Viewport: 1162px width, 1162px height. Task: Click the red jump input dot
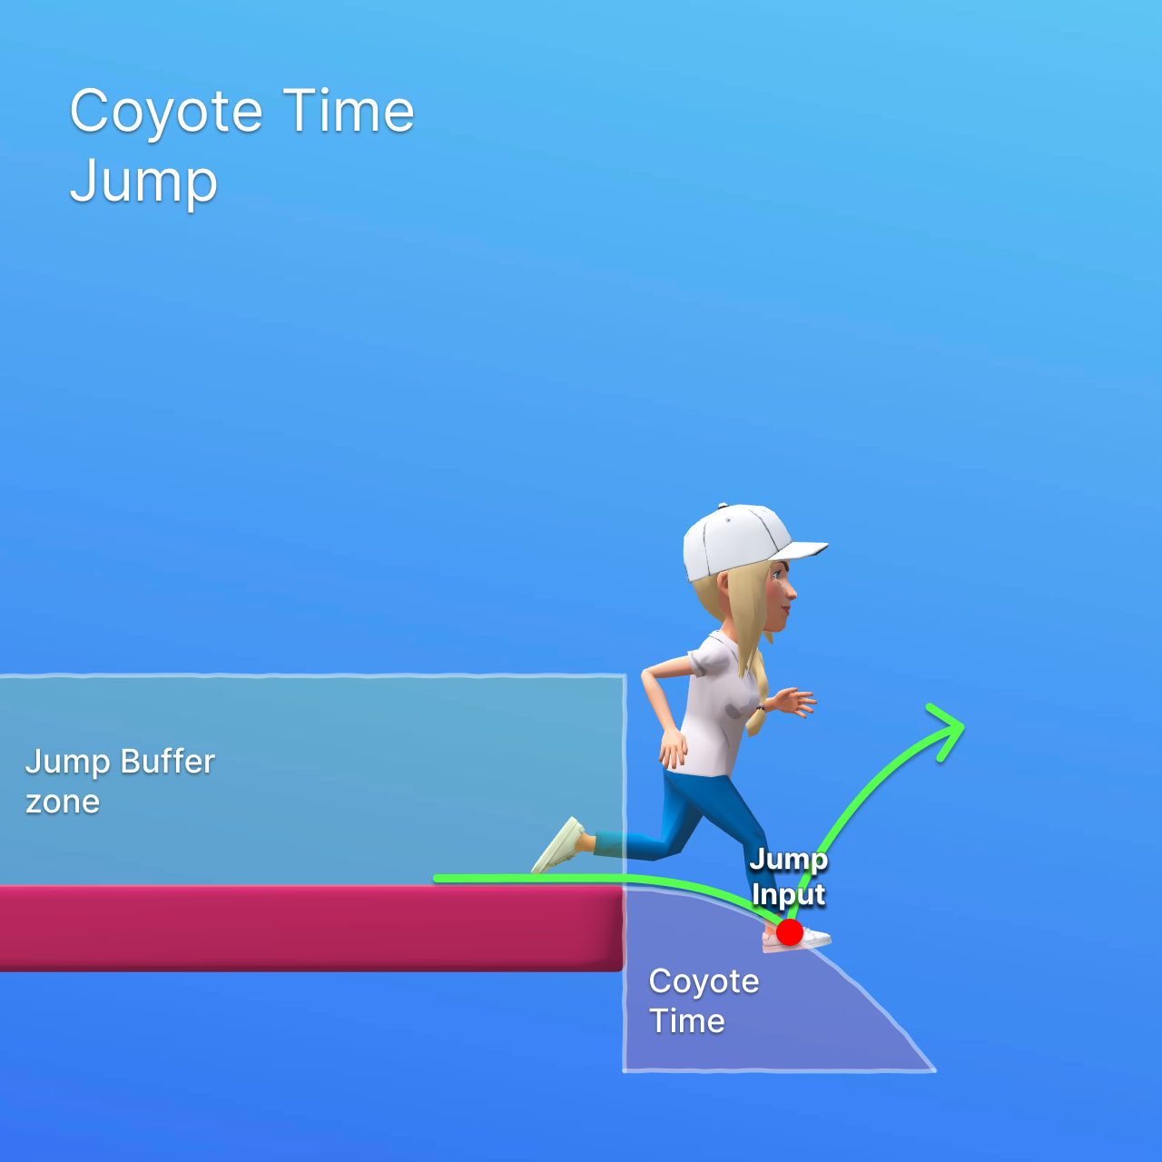click(790, 931)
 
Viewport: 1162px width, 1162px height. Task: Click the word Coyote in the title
click(166, 112)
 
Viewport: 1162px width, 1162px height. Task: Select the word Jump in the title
click(143, 182)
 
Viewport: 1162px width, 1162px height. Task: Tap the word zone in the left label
click(63, 802)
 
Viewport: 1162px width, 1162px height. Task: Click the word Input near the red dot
click(788, 895)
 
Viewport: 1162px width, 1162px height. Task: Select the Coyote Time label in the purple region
click(704, 1000)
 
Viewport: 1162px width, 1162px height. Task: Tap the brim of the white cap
click(804, 549)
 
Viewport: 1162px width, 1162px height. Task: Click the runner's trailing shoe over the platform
click(559, 844)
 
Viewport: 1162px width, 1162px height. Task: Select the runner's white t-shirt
click(717, 708)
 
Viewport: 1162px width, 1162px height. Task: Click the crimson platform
click(309, 928)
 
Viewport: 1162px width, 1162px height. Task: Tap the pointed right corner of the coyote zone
click(933, 1069)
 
